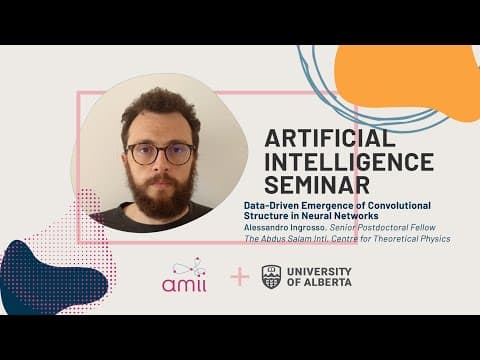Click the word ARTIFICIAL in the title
tap(330, 138)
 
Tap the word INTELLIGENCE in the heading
tap(349, 162)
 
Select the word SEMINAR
tap(317, 185)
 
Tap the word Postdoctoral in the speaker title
tap(381, 228)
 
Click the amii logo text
tap(184, 285)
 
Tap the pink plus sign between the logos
tap(240, 277)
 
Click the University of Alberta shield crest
tap(271, 277)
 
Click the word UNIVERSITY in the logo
tap(319, 271)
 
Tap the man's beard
tap(160, 195)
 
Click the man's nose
tap(161, 164)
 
